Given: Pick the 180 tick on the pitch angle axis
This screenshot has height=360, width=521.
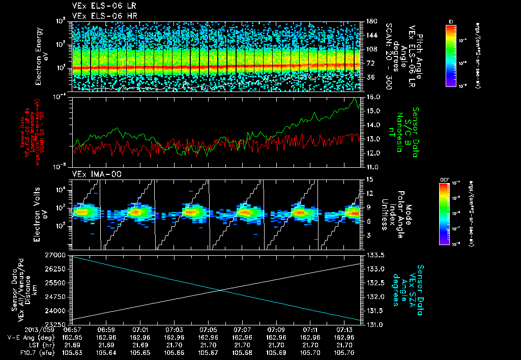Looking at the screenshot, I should pos(370,21).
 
